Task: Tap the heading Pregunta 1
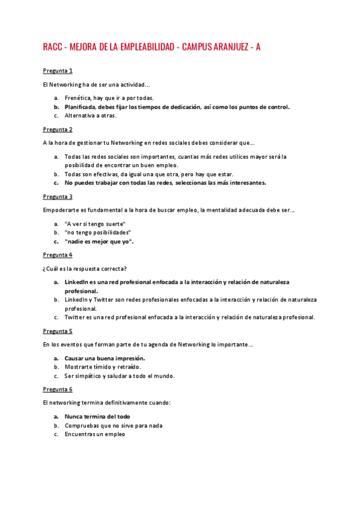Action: pos(58,71)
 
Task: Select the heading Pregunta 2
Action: pos(58,129)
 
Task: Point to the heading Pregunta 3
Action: pos(58,197)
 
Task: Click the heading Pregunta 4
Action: pos(58,255)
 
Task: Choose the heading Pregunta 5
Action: pos(58,331)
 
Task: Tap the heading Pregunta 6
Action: pos(58,389)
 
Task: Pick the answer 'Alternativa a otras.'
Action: pos(90,116)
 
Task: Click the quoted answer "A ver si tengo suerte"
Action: pos(95,223)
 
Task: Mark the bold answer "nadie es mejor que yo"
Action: pos(99,242)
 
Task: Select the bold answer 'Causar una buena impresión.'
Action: pos(105,358)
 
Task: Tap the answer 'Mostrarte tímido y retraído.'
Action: pos(103,367)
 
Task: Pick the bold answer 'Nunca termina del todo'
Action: pos(97,416)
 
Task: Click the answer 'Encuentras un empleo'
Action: pos(95,434)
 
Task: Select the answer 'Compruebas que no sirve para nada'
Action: pos(114,425)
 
